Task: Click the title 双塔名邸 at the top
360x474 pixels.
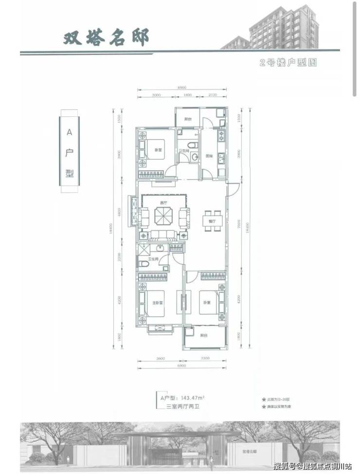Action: [105, 37]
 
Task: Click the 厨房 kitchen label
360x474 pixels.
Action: [209, 156]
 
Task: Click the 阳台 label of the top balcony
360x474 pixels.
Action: [187, 119]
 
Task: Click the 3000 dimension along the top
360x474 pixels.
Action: [156, 95]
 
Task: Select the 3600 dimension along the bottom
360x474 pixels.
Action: [161, 359]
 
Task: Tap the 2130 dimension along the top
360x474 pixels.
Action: [213, 95]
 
